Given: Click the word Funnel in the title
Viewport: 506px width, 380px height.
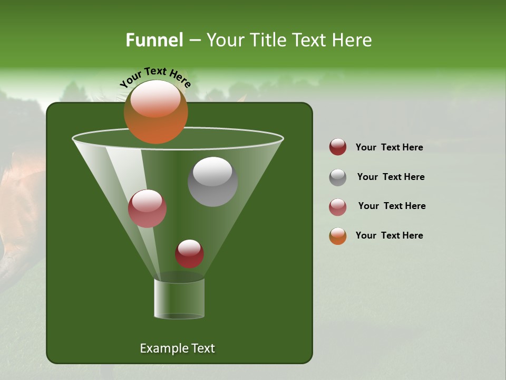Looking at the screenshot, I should [x=154, y=40].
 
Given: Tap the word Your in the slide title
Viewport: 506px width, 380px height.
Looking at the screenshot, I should [x=225, y=40].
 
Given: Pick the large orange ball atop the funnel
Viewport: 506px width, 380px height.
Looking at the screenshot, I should [x=155, y=112].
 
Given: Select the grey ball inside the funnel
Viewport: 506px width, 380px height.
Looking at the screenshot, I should [x=213, y=182].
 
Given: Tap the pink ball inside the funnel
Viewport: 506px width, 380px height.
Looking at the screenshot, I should [x=148, y=208].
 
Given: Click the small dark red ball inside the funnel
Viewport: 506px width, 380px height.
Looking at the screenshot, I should [x=189, y=254].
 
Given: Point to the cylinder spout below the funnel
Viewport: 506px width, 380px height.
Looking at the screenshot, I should [x=179, y=299].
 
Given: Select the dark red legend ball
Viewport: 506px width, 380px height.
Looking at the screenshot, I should [x=338, y=147].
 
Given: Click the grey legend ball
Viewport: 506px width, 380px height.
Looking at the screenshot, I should [x=338, y=177].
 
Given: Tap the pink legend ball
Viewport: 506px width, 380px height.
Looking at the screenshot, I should [x=338, y=207].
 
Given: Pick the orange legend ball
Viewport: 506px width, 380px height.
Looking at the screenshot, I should [x=338, y=236].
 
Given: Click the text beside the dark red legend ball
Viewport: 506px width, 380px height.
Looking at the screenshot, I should [x=389, y=147].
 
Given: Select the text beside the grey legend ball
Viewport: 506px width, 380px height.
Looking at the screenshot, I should [x=391, y=177].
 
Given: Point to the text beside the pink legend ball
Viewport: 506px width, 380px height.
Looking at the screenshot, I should [x=392, y=206].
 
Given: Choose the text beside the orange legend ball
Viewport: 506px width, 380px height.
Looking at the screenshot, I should [x=389, y=235].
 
